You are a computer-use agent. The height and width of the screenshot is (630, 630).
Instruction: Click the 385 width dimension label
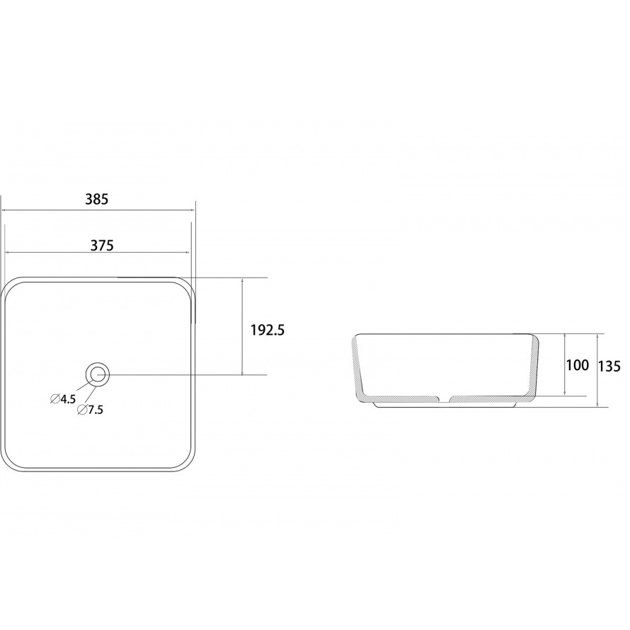point(97,199)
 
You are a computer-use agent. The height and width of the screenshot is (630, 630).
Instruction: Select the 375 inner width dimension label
point(102,245)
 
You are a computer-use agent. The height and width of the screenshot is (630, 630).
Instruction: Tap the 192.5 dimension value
point(268,331)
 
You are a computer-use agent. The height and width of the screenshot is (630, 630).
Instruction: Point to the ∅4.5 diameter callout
point(63,399)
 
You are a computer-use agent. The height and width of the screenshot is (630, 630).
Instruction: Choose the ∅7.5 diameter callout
point(91,410)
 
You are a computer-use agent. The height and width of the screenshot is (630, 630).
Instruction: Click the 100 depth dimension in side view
point(578,365)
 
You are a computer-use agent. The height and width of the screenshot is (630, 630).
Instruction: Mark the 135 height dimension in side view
point(609,366)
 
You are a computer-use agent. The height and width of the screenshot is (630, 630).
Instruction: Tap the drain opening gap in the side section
point(444,399)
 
